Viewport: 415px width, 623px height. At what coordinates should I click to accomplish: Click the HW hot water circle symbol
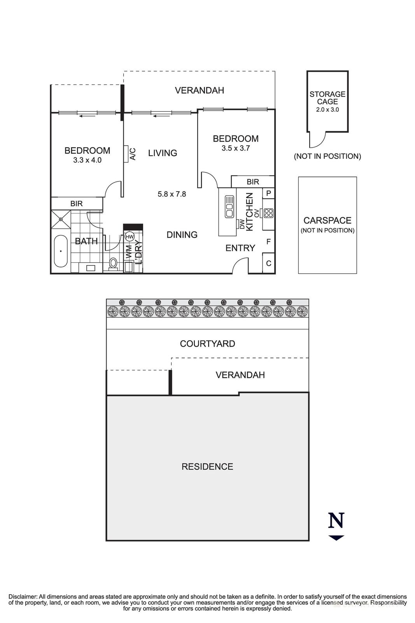(130, 236)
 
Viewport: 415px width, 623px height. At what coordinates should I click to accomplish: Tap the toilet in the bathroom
(113, 263)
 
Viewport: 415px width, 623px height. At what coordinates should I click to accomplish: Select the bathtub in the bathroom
(61, 251)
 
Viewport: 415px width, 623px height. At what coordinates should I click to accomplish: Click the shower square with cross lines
(61, 219)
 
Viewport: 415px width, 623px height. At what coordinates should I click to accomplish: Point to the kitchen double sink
(229, 206)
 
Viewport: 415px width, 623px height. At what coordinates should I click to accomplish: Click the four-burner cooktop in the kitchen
(268, 213)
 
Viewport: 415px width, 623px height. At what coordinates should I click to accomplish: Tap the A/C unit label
(133, 154)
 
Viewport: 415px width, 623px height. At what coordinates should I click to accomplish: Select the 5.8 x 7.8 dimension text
(172, 194)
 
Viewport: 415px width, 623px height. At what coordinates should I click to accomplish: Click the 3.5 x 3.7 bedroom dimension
(235, 148)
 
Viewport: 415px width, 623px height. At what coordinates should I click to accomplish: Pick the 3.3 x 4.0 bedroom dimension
(87, 160)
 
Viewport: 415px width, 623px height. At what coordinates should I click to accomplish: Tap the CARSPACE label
(327, 220)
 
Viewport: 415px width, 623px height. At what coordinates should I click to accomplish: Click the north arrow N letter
(336, 520)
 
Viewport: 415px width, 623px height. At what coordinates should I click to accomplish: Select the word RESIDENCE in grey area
(207, 466)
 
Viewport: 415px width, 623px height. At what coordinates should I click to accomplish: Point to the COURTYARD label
(207, 344)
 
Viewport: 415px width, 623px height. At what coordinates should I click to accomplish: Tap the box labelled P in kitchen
(268, 193)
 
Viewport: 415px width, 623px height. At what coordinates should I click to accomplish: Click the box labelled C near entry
(268, 264)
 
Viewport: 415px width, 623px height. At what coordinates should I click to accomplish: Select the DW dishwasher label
(242, 224)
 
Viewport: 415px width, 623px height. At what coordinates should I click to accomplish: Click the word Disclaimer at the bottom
(23, 597)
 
